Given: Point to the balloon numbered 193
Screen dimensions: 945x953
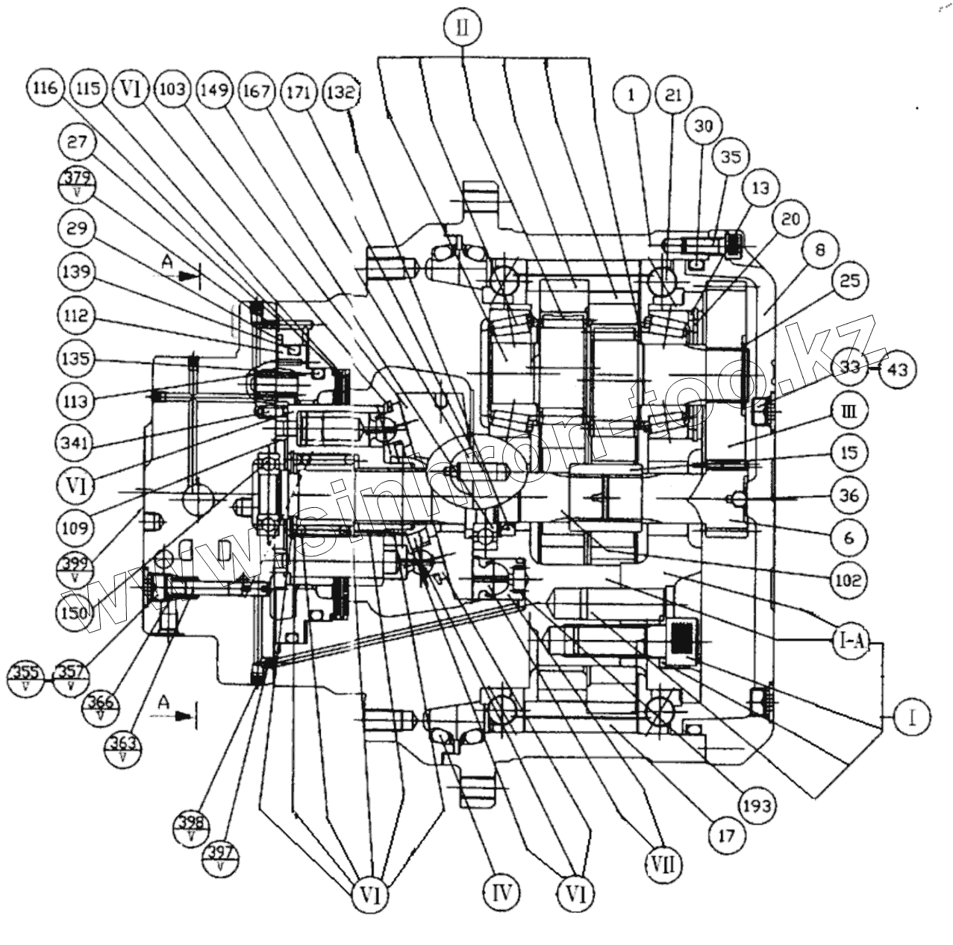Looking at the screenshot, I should (x=758, y=805).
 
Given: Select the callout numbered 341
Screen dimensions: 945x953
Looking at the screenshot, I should (x=75, y=444).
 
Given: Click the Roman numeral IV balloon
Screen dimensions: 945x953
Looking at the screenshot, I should (x=501, y=891).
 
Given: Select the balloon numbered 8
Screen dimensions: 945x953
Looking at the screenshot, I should (x=819, y=251).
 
